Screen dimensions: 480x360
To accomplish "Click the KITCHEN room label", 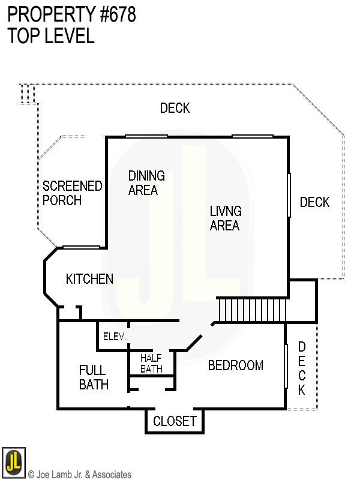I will (89, 279).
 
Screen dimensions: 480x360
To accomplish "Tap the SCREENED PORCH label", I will (72, 193).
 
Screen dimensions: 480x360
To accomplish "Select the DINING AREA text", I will (146, 183).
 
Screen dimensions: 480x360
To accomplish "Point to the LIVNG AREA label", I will (226, 218).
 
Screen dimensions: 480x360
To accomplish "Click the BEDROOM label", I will (235, 365).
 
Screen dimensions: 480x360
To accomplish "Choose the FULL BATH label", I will (94, 377).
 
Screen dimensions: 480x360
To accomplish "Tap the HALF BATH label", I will (151, 364).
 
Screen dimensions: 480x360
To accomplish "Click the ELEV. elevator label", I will (114, 337).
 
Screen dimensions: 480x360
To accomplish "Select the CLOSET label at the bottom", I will (175, 421).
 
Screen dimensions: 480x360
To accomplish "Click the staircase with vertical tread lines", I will (252, 310).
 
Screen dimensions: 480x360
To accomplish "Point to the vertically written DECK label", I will (302, 368).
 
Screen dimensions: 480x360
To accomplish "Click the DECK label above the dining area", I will (175, 108).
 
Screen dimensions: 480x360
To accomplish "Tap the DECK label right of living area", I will (314, 202).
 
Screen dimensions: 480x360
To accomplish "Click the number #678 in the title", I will (118, 14).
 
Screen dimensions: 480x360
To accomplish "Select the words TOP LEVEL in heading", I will (51, 36).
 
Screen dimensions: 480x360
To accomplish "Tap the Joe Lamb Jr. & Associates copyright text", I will (80, 475).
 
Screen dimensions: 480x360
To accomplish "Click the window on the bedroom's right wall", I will (286, 365).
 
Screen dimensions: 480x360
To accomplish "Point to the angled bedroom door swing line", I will (194, 343).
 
